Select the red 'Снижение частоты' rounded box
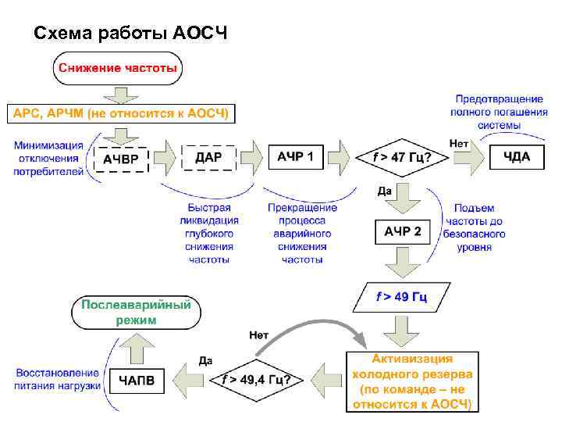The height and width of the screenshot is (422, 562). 117,68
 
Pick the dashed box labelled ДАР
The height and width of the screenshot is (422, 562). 208,157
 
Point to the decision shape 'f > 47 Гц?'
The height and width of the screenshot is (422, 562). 401,158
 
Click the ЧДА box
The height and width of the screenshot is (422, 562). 517,157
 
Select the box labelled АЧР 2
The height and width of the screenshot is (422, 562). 403,231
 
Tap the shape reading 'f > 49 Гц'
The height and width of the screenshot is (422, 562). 401,297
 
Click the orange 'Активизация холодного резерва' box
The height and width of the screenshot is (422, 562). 412,381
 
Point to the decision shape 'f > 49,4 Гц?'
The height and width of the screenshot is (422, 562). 257,381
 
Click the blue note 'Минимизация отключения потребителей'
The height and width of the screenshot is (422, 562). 48,159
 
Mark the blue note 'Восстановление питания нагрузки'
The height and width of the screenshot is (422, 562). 57,380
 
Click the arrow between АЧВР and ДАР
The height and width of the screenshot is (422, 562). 164,158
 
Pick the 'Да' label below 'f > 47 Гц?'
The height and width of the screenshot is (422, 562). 384,191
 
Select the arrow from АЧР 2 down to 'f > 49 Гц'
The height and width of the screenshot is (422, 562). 402,263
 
